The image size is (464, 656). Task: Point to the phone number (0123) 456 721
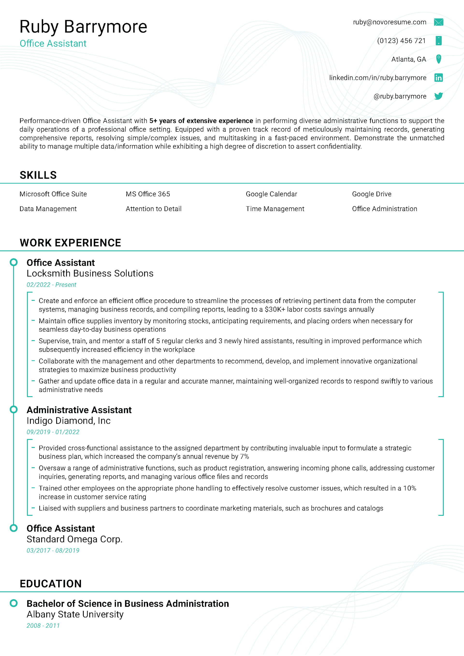click(401, 41)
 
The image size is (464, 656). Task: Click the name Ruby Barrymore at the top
click(83, 27)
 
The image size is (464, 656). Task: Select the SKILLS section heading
click(38, 175)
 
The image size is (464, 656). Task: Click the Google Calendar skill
click(271, 194)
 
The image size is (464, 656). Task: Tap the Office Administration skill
click(384, 209)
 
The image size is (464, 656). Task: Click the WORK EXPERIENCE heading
click(70, 243)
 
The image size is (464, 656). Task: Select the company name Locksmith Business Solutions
click(90, 273)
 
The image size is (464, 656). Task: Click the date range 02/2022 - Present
click(51, 285)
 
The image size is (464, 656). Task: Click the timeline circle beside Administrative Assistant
click(14, 409)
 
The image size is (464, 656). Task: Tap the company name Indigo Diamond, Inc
click(68, 421)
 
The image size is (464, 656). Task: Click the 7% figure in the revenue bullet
click(244, 457)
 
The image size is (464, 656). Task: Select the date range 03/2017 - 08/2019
click(53, 550)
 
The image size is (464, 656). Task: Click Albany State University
click(75, 614)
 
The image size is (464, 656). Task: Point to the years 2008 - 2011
click(43, 626)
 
